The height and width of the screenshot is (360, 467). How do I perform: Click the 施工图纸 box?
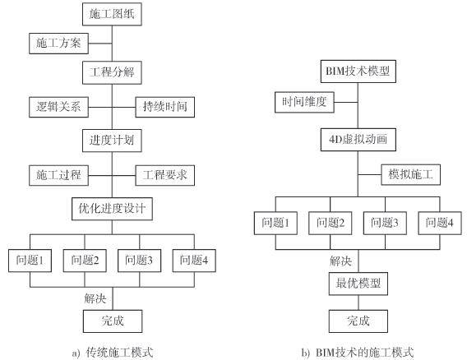click(112, 14)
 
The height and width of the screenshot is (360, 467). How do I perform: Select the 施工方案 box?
click(58, 44)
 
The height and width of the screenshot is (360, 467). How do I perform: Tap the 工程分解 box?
click(112, 72)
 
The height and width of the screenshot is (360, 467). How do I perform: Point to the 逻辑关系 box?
click(58, 107)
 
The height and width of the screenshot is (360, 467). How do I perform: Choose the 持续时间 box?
click(165, 107)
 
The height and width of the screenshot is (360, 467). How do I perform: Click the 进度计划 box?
click(112, 141)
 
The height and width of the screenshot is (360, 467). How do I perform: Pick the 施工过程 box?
click(58, 175)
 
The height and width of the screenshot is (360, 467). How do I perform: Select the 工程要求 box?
click(165, 175)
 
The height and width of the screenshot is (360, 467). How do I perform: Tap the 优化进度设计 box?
click(113, 209)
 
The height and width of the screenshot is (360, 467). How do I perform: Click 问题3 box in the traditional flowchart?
click(140, 261)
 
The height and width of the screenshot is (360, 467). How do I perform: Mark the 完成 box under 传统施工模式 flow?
click(113, 321)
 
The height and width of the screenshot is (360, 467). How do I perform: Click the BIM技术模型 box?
click(358, 72)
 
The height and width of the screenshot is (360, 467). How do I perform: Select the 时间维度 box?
click(304, 102)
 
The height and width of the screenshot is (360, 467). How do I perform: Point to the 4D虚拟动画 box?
click(358, 140)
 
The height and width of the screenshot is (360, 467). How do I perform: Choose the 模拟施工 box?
click(411, 174)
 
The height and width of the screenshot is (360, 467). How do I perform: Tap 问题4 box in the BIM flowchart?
click(440, 223)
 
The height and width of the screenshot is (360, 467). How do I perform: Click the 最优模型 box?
click(358, 284)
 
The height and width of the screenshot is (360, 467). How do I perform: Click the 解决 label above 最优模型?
click(340, 261)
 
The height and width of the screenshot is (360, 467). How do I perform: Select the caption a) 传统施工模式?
click(113, 353)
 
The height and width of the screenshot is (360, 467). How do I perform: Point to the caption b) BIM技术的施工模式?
click(358, 353)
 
